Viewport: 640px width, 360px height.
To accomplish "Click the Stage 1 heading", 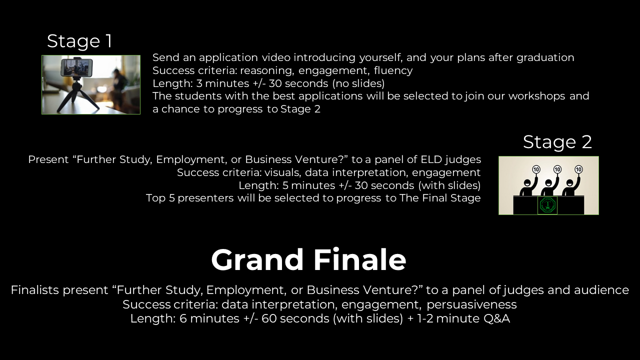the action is (79, 41).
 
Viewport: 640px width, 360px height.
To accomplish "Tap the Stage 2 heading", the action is (557, 142).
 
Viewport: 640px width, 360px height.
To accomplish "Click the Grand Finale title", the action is (308, 259).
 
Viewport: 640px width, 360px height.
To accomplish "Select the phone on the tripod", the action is (76, 67).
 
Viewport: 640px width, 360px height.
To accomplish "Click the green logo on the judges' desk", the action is (547, 205).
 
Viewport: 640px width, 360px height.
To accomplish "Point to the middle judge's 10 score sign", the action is (557, 169).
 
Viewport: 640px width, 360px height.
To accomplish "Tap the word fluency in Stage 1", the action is (393, 70).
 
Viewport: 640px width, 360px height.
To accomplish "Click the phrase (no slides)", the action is (358, 83).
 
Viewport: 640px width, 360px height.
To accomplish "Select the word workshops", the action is (536, 96).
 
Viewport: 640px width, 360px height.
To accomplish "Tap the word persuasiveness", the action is (471, 304).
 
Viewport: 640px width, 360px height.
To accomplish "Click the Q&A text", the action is (496, 318).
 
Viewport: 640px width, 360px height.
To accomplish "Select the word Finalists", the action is (35, 290).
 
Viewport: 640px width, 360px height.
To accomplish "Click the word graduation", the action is (545, 57).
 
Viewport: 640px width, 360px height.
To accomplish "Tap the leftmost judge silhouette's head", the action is (527, 182).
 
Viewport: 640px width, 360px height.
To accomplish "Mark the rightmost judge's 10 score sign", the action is (578, 169).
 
